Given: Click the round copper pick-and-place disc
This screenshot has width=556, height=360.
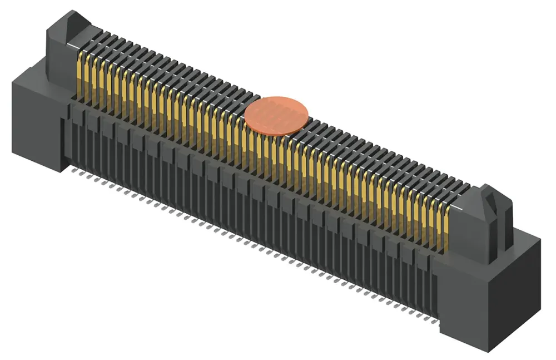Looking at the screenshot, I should click(x=276, y=116).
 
